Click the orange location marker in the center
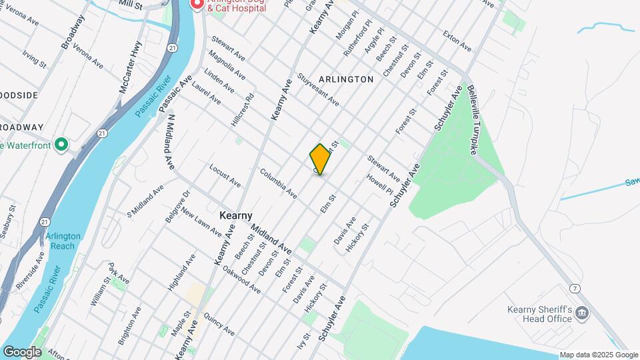[x=320, y=159]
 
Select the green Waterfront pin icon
[x=62, y=144]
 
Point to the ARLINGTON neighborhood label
[x=346, y=79]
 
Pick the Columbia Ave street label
[x=278, y=183]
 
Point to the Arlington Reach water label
[x=63, y=241]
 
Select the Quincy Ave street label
[x=219, y=324]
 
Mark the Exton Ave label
[x=457, y=41]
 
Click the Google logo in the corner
[x=22, y=351]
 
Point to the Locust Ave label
[x=225, y=175]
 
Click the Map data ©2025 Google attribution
[x=598, y=355]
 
